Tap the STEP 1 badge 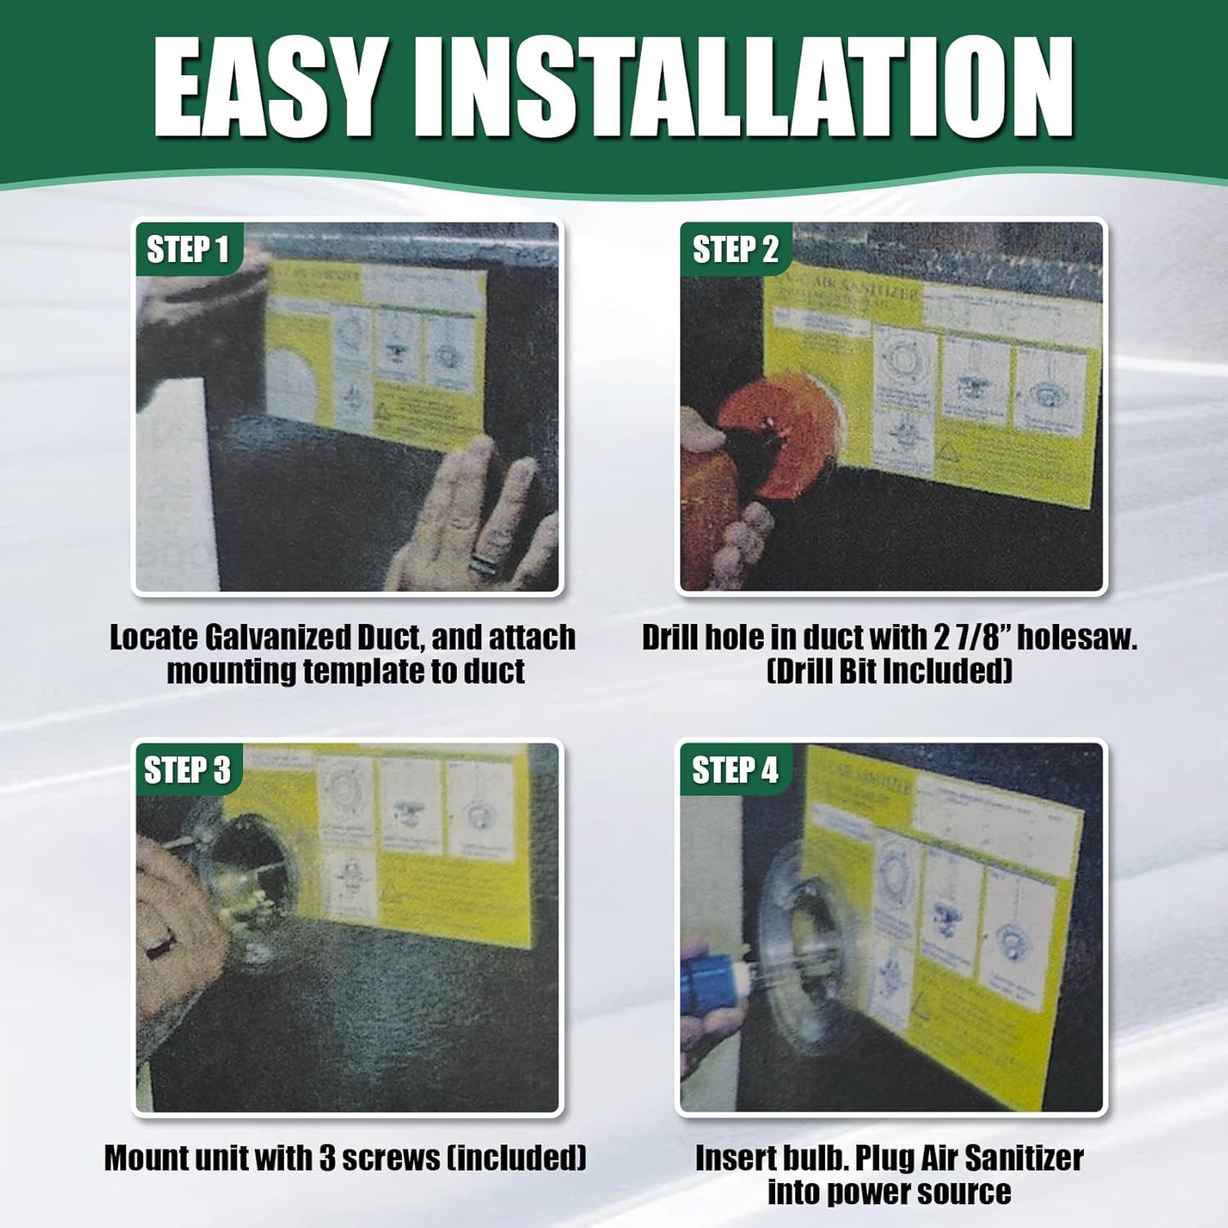point(187,250)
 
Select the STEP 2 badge point(734,250)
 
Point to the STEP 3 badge point(187,770)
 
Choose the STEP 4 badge point(734,770)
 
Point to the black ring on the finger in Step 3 point(156,947)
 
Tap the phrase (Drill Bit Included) point(889,671)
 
